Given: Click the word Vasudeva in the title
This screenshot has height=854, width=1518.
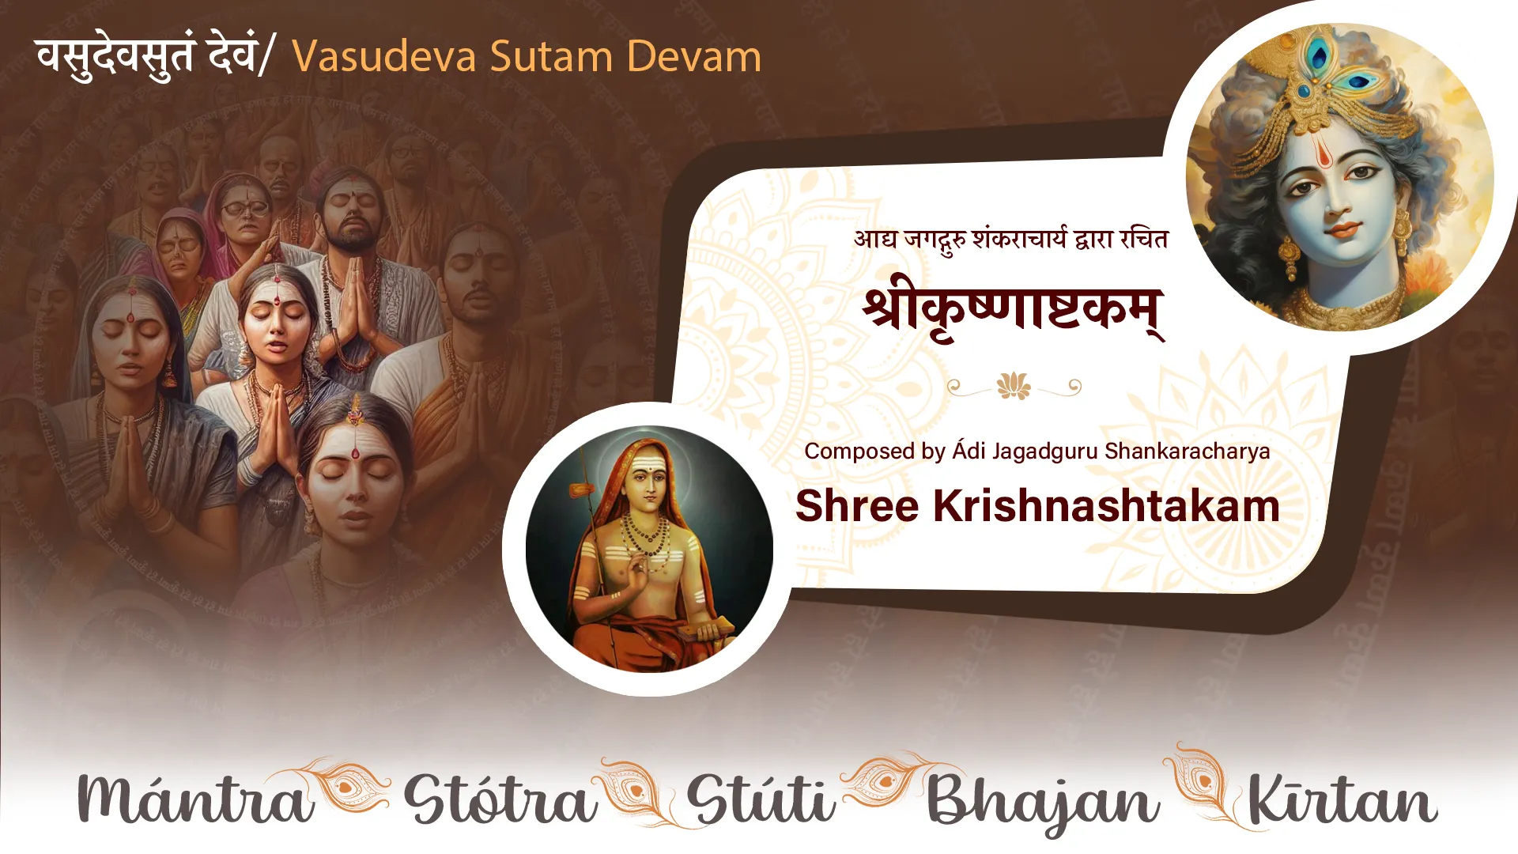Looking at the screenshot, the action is click(383, 57).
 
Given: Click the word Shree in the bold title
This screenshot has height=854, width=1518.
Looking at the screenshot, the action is click(857, 505).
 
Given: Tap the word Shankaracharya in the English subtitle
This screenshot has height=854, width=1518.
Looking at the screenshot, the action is click(1188, 452).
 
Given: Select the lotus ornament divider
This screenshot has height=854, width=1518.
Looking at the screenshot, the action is click(1014, 387).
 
